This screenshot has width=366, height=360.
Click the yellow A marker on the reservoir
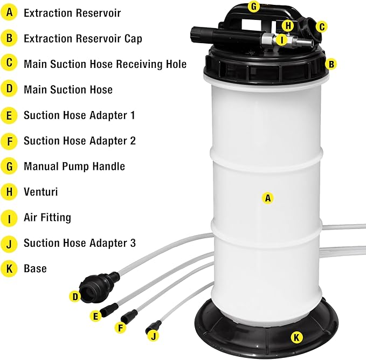(267, 198)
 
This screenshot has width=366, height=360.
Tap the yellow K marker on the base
(296, 337)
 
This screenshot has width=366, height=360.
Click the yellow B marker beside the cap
(332, 64)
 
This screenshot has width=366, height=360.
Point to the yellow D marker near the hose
(75, 296)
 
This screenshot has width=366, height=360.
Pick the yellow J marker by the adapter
(154, 336)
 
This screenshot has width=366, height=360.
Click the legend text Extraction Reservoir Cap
(82, 39)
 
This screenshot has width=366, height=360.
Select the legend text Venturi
(40, 192)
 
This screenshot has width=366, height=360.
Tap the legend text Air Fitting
(47, 218)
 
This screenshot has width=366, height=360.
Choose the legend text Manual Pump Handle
(74, 167)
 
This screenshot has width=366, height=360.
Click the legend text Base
(35, 268)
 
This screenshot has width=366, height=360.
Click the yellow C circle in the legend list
(9, 64)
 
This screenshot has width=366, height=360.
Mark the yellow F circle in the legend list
(9, 141)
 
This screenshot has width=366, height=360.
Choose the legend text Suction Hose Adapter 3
(79, 243)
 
